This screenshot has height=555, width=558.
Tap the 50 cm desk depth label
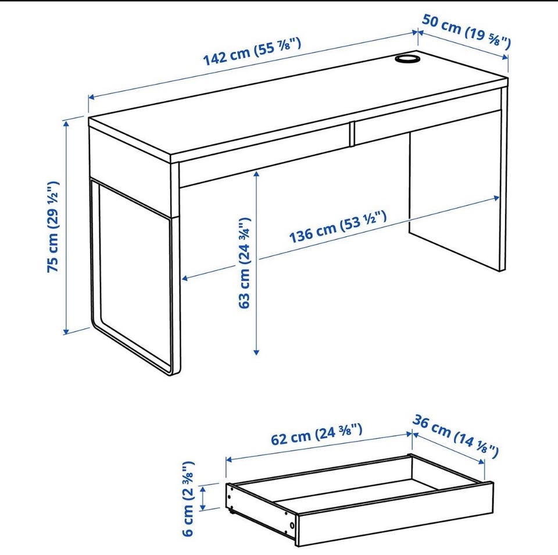click(466, 31)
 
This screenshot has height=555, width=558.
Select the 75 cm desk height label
click(53, 227)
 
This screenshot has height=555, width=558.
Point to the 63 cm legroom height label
click(245, 262)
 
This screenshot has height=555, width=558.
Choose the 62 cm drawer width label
click(317, 434)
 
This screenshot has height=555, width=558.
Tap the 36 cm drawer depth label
click(456, 436)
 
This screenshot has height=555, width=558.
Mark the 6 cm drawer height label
click(188, 499)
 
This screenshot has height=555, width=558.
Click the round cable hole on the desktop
click(407, 59)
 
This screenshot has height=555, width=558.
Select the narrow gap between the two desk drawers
click(352, 134)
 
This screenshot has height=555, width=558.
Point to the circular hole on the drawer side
click(292, 526)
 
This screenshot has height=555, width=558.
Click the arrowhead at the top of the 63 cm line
click(256, 174)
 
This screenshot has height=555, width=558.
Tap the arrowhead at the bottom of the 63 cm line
click(256, 352)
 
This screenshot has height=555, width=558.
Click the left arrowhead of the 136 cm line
click(185, 278)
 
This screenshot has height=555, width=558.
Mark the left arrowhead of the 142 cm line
click(91, 97)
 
